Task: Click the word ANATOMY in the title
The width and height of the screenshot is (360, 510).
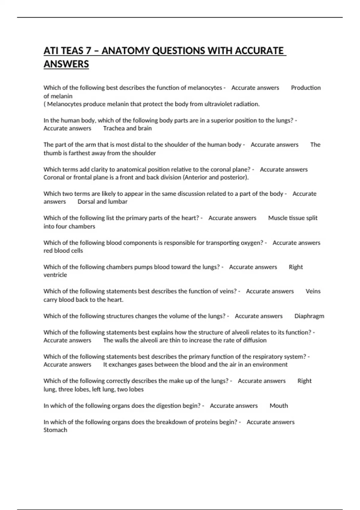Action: (126, 51)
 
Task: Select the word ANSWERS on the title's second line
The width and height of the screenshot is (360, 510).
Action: (66, 64)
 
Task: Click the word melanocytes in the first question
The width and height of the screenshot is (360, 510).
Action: (205, 88)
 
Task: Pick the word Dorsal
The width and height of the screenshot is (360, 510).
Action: (86, 202)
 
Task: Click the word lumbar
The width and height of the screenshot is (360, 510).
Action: (118, 202)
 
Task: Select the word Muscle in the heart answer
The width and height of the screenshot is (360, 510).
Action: (277, 218)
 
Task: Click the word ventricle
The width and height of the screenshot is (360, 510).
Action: (55, 275)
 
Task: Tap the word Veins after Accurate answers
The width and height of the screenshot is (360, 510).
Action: (313, 291)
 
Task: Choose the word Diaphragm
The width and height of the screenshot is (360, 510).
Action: (309, 316)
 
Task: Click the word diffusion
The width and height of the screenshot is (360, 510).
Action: (254, 340)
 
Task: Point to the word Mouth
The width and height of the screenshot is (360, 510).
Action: (279, 406)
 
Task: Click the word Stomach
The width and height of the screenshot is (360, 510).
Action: (55, 430)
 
